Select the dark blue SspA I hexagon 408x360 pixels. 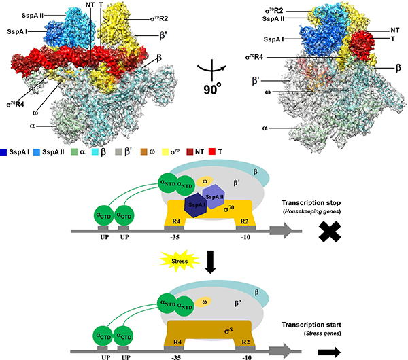tap(179, 204)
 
